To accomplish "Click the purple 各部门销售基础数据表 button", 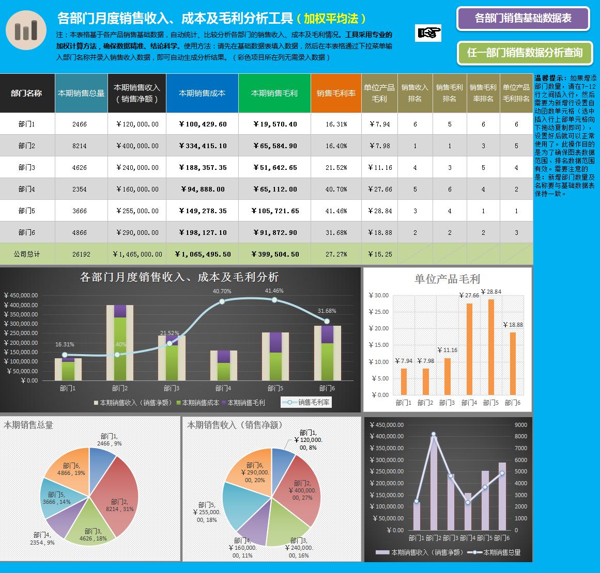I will tap(523, 19).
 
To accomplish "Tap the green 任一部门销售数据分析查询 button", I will tap(525, 53).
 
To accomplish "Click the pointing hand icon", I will tap(428, 33).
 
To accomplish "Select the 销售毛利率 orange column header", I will tap(336, 93).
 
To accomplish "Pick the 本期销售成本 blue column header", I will tap(202, 93).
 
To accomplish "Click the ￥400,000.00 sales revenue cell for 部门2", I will tap(137, 146).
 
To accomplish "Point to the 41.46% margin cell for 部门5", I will tap(336, 211).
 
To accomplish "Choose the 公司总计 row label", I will tap(27, 254).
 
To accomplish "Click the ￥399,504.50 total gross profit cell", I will tap(274, 254).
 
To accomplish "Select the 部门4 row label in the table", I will tap(27, 189).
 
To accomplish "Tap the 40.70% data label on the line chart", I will tap(222, 291).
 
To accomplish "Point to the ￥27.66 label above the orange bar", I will tap(469, 296).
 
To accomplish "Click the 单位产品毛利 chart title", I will tap(447, 279).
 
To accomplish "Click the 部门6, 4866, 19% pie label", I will tap(71, 469).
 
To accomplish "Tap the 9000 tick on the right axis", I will tap(520, 425).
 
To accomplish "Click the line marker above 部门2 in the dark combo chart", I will tap(433, 434).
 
